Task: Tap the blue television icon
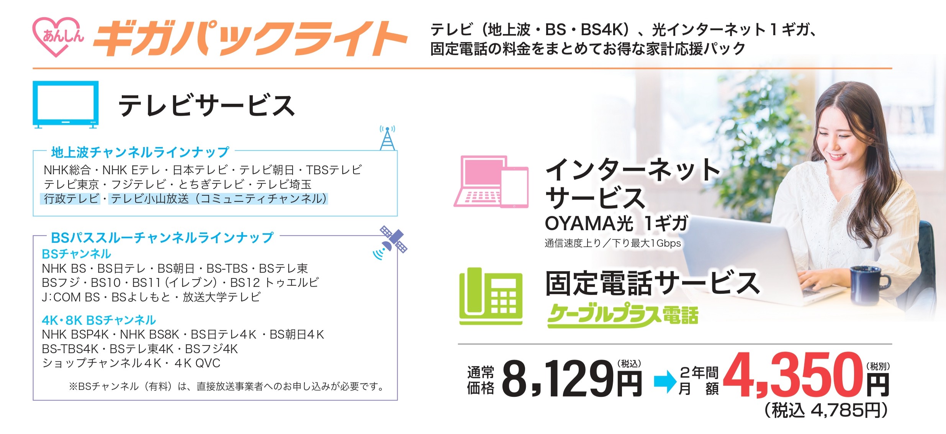pos(65,104)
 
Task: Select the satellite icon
pos(391,243)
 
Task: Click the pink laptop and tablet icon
pos(491,182)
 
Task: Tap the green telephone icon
pos(491,296)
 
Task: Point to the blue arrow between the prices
pos(666,382)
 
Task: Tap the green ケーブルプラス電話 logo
pos(623,316)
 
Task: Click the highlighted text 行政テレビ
pos(71,199)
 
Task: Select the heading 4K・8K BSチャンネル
pos(99,320)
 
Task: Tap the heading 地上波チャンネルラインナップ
pos(140,152)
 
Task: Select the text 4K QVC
pos(197,363)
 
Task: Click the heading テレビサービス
pos(206,105)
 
